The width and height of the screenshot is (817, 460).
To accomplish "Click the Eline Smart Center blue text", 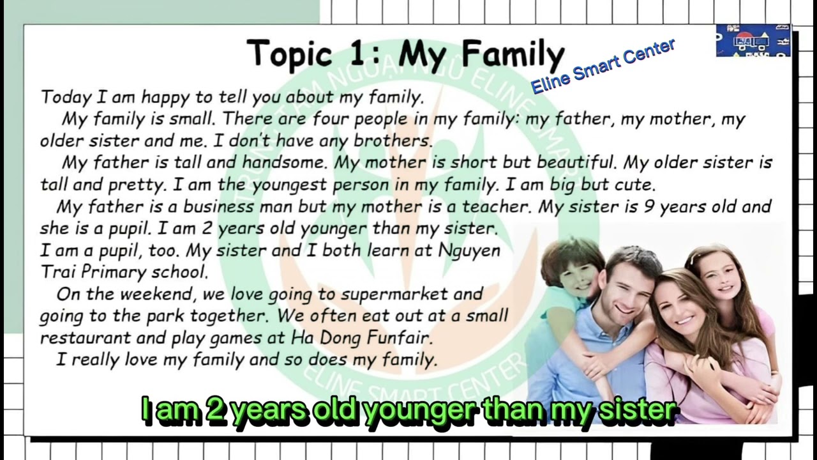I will pos(603,66).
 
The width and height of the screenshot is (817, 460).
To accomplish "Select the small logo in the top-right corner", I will pos(753,41).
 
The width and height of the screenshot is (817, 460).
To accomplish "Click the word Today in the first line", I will pos(66,97).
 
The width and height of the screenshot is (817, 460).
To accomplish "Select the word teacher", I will pos(496,207).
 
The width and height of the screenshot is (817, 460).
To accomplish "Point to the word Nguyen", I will pos(469,250).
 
